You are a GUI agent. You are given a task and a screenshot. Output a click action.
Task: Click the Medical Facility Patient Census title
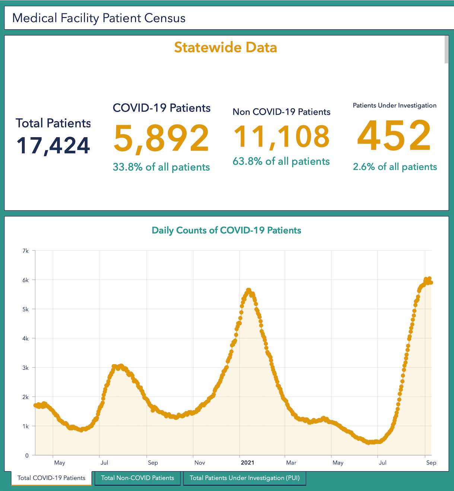pos(99,18)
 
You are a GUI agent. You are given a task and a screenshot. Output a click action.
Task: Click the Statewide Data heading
pos(225,47)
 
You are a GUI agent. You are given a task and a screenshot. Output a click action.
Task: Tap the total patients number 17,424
pos(53,146)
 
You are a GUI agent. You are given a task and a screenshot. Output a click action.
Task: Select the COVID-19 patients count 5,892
pos(161,138)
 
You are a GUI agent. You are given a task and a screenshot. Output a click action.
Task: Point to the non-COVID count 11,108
pos(282,136)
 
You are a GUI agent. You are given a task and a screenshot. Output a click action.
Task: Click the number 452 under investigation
pos(394,135)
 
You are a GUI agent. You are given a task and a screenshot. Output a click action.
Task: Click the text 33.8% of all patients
pos(161,167)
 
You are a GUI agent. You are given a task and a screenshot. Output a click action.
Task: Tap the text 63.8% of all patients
pos(281,161)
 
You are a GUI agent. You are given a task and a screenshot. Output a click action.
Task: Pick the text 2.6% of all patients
pos(395,166)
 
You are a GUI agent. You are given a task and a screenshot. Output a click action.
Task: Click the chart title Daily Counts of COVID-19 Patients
pos(226,230)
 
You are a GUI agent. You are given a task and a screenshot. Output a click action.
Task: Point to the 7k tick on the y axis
pos(25,251)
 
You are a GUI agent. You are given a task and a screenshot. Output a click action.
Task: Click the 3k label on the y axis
pos(25,368)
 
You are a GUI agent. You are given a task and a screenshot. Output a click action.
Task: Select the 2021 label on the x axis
pos(247,463)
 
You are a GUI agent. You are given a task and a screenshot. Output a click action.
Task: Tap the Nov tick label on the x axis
pos(200,463)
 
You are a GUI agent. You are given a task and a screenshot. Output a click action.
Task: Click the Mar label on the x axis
pos(291,463)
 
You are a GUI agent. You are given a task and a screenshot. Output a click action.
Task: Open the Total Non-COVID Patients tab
pos(137,478)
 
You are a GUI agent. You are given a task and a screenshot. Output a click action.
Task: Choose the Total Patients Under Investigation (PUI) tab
pos(244,478)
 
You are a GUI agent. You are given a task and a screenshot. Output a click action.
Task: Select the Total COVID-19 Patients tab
pos(51,478)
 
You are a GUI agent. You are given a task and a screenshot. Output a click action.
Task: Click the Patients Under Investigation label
pos(394,106)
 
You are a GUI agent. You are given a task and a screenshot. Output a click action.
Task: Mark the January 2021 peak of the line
pos(248,290)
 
